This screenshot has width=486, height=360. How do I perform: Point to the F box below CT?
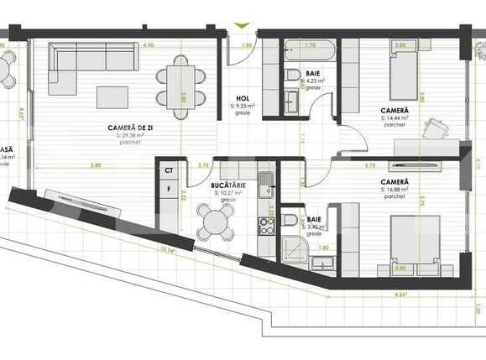pyautogui.click(x=169, y=190)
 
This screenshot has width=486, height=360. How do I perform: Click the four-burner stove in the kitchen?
pyautogui.click(x=266, y=225)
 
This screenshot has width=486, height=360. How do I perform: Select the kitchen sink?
pyautogui.click(x=266, y=180)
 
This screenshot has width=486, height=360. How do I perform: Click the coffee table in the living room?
pyautogui.click(x=112, y=97)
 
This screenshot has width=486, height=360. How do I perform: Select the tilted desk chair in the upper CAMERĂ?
pyautogui.click(x=436, y=128)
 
